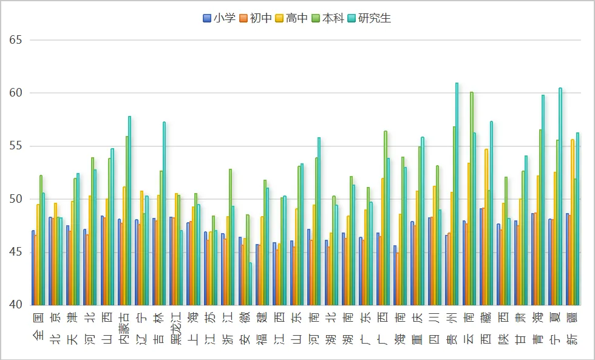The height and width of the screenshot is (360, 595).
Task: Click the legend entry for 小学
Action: coord(219,18)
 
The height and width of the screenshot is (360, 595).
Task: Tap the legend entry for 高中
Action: coord(292,18)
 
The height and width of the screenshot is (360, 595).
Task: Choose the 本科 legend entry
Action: coord(328,18)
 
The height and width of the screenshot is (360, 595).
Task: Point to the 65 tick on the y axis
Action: coord(16,40)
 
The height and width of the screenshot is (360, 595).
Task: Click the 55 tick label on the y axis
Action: coord(16,146)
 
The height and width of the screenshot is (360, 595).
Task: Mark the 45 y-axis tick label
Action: coord(16,252)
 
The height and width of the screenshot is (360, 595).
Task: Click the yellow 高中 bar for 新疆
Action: coord(572,222)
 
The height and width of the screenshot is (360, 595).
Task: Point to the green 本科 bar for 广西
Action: coord(385,218)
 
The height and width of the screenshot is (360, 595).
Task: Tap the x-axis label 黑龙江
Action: coord(175,327)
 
